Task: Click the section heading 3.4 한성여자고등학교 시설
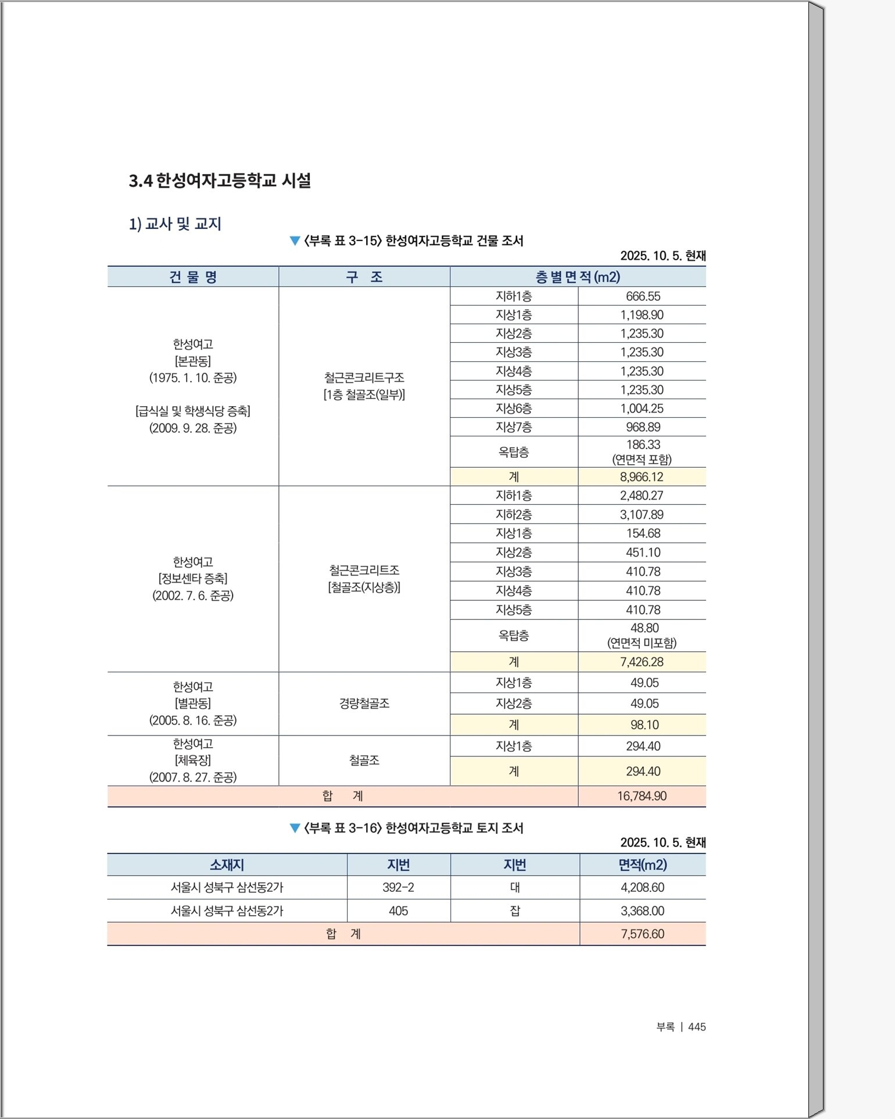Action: (x=220, y=181)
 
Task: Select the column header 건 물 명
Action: (x=193, y=277)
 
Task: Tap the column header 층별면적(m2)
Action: (x=578, y=277)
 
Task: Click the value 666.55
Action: (x=643, y=296)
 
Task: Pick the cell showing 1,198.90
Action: (x=642, y=315)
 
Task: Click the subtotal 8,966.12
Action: (x=642, y=477)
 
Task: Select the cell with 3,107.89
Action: (x=642, y=515)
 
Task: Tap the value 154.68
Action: (x=643, y=533)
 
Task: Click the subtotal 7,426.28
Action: (x=642, y=662)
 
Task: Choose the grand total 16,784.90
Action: (x=642, y=796)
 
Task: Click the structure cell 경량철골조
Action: (x=364, y=704)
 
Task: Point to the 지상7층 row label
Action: (x=514, y=427)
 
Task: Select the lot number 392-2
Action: (x=398, y=887)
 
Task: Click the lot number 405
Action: (x=398, y=911)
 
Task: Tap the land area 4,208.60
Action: (x=642, y=887)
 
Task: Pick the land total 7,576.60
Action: (x=642, y=934)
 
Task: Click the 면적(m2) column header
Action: (x=642, y=865)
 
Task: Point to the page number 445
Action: (x=697, y=1027)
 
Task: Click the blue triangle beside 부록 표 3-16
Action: (x=295, y=829)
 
